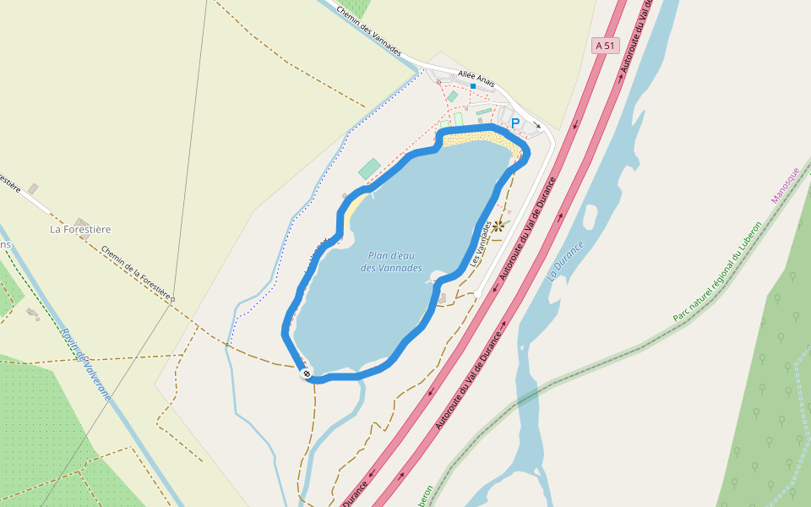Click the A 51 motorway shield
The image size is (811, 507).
605,46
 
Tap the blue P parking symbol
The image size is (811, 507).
514,124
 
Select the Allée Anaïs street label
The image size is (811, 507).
476,78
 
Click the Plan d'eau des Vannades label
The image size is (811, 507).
391,262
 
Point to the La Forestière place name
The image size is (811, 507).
80,229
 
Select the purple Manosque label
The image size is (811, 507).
785,185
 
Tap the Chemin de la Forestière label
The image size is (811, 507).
138,274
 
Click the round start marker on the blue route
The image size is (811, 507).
306,373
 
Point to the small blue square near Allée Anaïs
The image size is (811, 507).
473,86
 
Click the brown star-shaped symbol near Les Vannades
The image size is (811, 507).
498,226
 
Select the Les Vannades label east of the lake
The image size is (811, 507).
481,244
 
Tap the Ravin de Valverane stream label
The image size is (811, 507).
85,363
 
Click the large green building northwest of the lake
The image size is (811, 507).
369,169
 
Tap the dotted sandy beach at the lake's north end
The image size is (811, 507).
477,136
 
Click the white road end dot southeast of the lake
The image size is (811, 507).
477,293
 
